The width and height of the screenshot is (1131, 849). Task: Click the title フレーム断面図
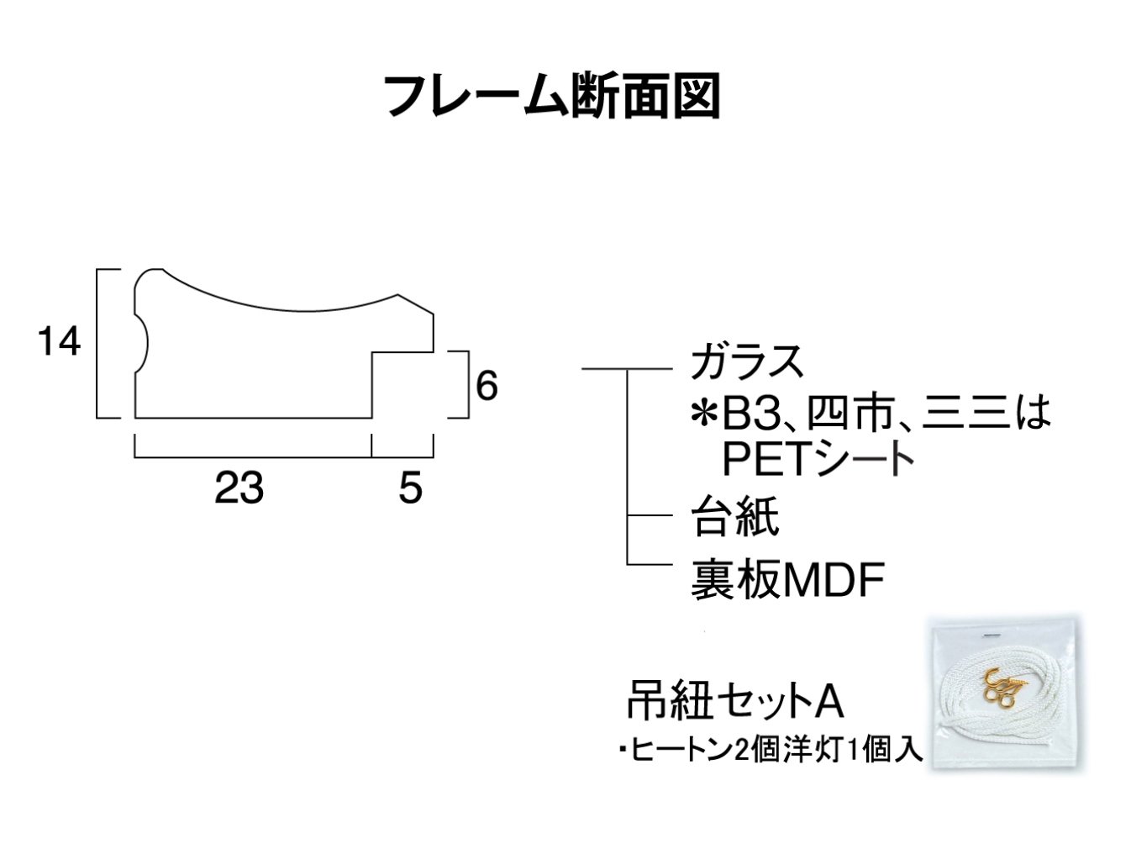click(551, 96)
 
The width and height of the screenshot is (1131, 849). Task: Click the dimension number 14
click(60, 341)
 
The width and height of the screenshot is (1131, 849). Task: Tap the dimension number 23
click(239, 488)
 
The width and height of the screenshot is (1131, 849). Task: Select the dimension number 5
click(410, 488)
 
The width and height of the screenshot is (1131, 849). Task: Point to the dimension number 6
click(487, 386)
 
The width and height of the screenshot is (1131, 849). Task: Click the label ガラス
click(747, 362)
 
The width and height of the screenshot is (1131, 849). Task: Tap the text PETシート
click(818, 458)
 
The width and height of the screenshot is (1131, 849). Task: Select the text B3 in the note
click(750, 414)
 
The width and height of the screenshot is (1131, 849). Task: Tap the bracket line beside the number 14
click(97, 344)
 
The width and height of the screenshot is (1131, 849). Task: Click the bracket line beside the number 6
click(468, 384)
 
